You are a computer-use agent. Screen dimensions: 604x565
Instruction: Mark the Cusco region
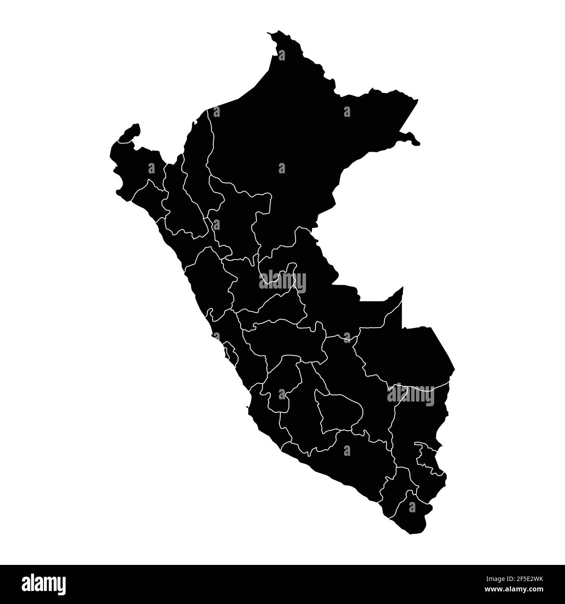(365, 391)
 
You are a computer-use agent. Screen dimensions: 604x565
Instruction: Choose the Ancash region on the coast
(209, 278)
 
